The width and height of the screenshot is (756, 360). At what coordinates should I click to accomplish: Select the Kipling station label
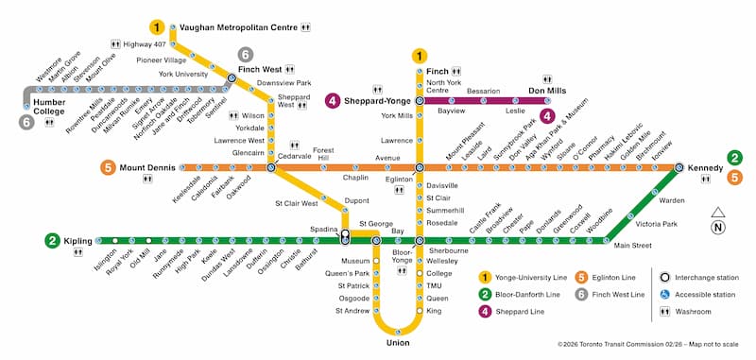pos(78,241)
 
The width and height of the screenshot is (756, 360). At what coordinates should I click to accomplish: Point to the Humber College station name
pos(49,106)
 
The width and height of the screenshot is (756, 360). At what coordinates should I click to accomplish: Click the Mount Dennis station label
pos(146,168)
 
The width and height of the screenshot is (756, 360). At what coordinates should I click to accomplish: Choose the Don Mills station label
pos(546,91)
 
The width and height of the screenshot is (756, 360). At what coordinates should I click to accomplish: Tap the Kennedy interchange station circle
pos(679,167)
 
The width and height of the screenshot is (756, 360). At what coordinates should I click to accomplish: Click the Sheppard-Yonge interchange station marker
pos(419,100)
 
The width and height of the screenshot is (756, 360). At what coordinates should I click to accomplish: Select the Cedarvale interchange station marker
pos(271,167)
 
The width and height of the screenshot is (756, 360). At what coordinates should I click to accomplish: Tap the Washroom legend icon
pos(664,311)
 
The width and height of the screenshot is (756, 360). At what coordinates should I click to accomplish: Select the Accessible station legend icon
pos(664,294)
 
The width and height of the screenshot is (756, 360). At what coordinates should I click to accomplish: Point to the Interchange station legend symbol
pos(664,277)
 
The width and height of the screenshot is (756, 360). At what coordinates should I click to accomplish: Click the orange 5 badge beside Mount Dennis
pos(108,168)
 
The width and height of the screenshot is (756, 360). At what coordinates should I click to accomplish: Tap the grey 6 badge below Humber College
pos(26,122)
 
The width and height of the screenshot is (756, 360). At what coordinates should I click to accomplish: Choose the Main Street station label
pos(633,247)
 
